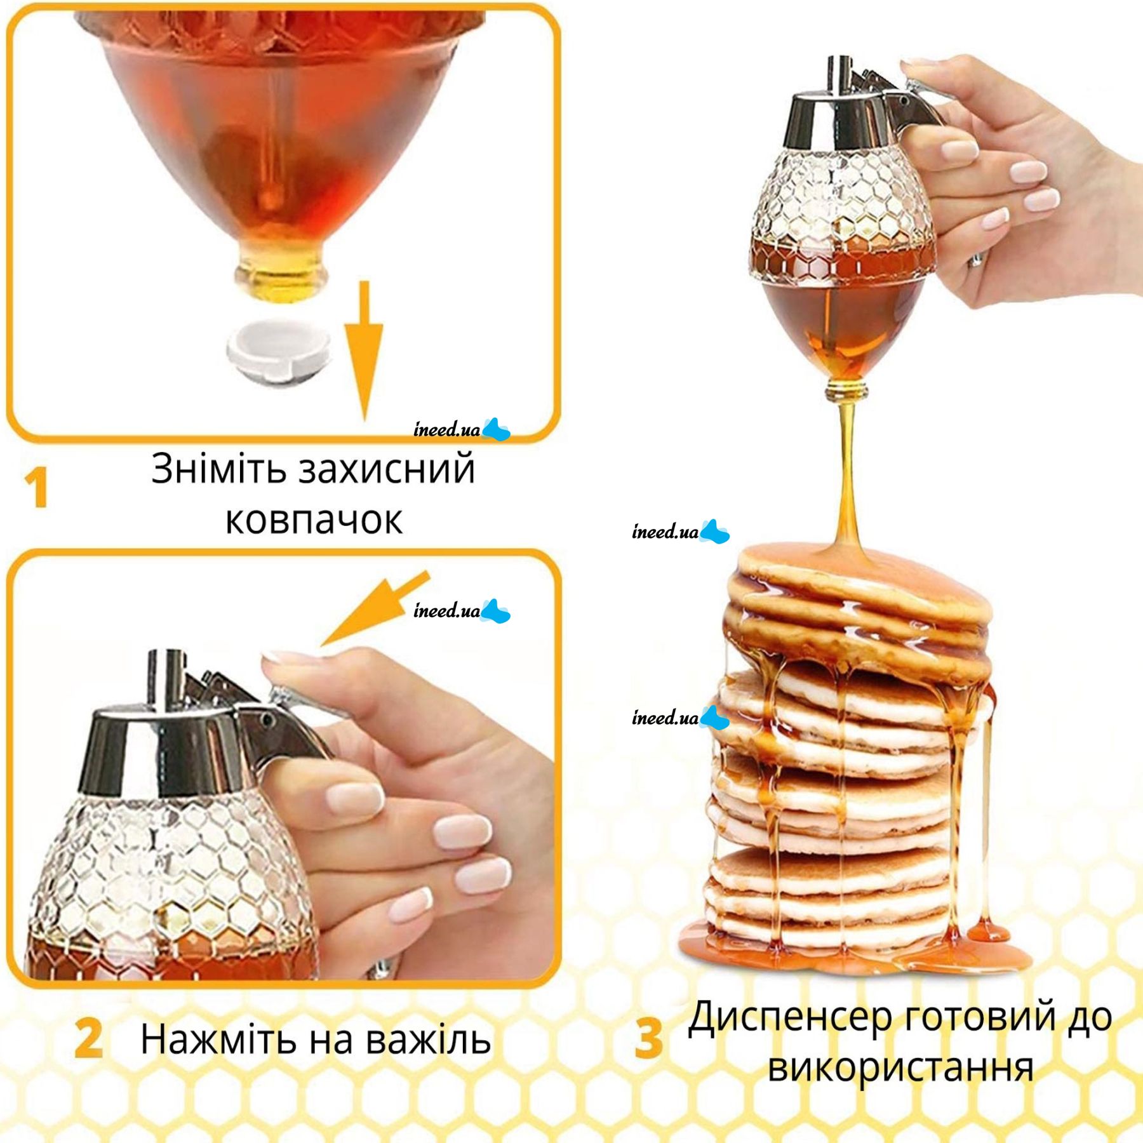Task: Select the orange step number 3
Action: (x=648, y=1038)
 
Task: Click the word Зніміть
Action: (x=219, y=470)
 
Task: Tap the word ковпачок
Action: (x=314, y=521)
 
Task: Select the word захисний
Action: (x=387, y=470)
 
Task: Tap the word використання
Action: (x=900, y=1068)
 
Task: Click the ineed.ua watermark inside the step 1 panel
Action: (x=461, y=430)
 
